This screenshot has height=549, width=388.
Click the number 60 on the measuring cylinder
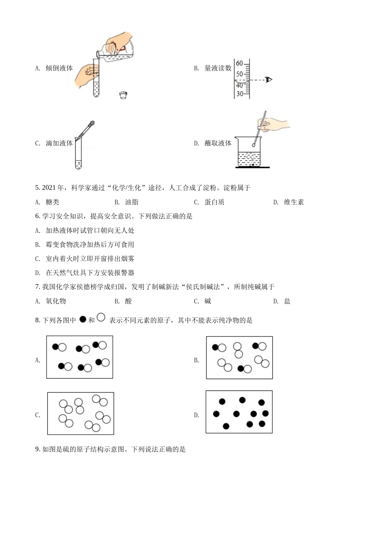[239, 63]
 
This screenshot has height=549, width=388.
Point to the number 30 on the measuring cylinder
[239, 94]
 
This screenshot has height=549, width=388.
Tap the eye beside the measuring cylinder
[268, 80]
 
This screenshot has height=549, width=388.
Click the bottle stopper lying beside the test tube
[123, 95]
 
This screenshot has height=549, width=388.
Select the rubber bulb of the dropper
[92, 123]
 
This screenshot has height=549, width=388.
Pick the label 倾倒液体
[59, 68]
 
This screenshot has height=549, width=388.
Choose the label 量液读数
[218, 68]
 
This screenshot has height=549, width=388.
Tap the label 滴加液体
[59, 143]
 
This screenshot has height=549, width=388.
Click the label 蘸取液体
[218, 143]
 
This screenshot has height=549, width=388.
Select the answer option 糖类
[52, 202]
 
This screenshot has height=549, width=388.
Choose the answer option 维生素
[294, 202]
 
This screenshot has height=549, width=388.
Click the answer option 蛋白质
[214, 202]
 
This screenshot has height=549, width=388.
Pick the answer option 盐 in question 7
[287, 301]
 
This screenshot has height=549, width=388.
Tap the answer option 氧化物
[56, 301]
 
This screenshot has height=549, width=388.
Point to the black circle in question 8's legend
[83, 319]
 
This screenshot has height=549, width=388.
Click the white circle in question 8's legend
[101, 317]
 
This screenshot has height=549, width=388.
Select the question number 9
[37, 449]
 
